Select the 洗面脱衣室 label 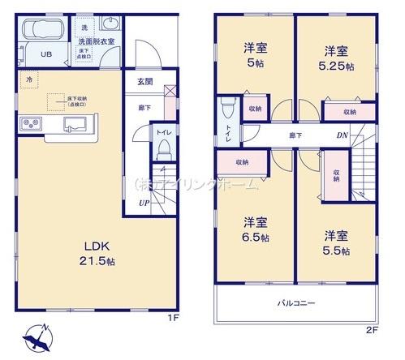click(97, 40)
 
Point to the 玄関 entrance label click(144, 79)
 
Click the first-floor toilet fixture click(162, 147)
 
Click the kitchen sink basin click(75, 124)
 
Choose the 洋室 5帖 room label click(255, 54)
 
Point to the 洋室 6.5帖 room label click(254, 229)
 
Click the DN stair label click(343, 135)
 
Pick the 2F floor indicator click(372, 329)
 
